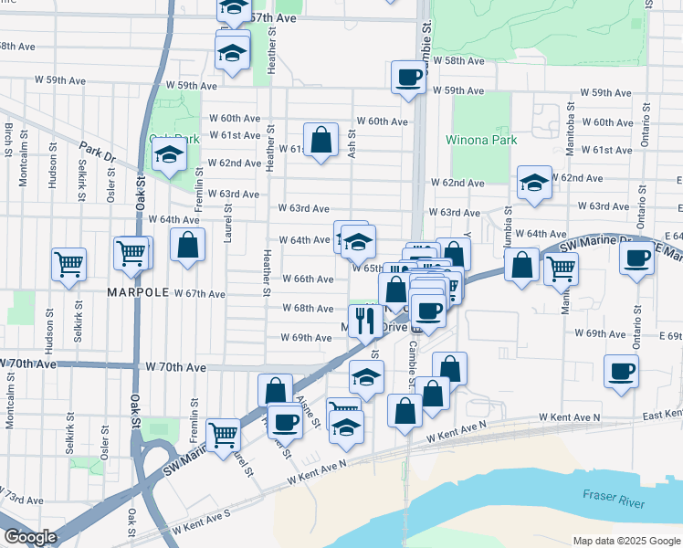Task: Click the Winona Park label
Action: (x=481, y=141)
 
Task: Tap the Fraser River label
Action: (x=615, y=499)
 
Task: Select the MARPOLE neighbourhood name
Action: (x=139, y=292)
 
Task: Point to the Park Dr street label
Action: (x=97, y=152)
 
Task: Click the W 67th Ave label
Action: (x=199, y=294)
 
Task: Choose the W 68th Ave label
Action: (x=305, y=309)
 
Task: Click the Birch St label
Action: (x=8, y=141)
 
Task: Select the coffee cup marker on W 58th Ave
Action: (x=408, y=77)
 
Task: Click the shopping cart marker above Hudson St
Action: (x=69, y=265)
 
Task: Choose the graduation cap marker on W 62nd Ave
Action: (x=534, y=183)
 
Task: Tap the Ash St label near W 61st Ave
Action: (x=352, y=144)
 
